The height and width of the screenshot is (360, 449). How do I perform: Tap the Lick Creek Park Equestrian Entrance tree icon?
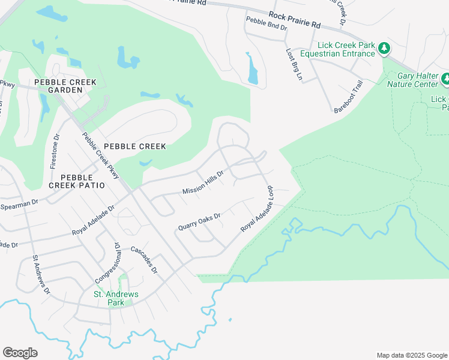[x=384, y=49]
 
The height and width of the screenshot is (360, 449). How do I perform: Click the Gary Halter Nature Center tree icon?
[x=445, y=79]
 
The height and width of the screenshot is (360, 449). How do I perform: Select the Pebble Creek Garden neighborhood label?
[x=58, y=86]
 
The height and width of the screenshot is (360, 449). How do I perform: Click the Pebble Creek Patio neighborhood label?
[x=83, y=181]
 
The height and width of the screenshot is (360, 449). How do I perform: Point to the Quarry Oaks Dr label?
[x=200, y=221]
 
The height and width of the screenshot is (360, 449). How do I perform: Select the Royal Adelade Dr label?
[x=93, y=220]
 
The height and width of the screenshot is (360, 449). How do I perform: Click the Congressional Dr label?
[x=106, y=263]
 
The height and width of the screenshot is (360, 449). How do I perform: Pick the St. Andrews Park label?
[x=115, y=298]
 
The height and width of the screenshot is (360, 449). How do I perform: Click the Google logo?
[x=20, y=353]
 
